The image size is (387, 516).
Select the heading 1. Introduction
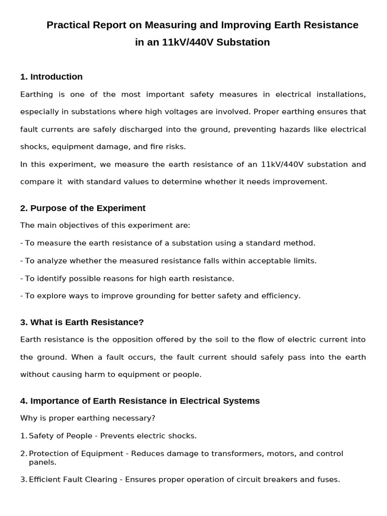51,77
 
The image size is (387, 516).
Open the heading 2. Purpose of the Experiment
83,208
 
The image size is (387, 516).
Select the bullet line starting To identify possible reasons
127,278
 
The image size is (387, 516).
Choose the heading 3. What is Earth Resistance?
82,322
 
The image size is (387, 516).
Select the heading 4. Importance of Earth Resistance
140,401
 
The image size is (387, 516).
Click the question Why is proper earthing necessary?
88,418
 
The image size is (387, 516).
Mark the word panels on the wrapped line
42,462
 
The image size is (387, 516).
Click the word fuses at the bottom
328,480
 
